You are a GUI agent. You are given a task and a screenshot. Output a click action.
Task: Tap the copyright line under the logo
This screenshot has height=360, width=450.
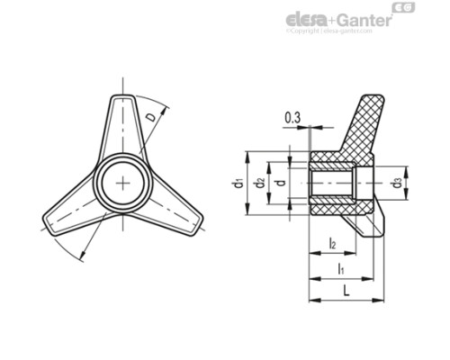click(329, 31)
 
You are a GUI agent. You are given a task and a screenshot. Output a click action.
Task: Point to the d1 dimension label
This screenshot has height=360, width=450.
click(237, 184)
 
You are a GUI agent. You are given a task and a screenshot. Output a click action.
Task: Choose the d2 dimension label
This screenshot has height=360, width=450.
click(258, 184)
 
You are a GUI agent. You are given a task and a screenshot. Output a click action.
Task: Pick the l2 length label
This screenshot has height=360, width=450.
click(333, 244)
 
